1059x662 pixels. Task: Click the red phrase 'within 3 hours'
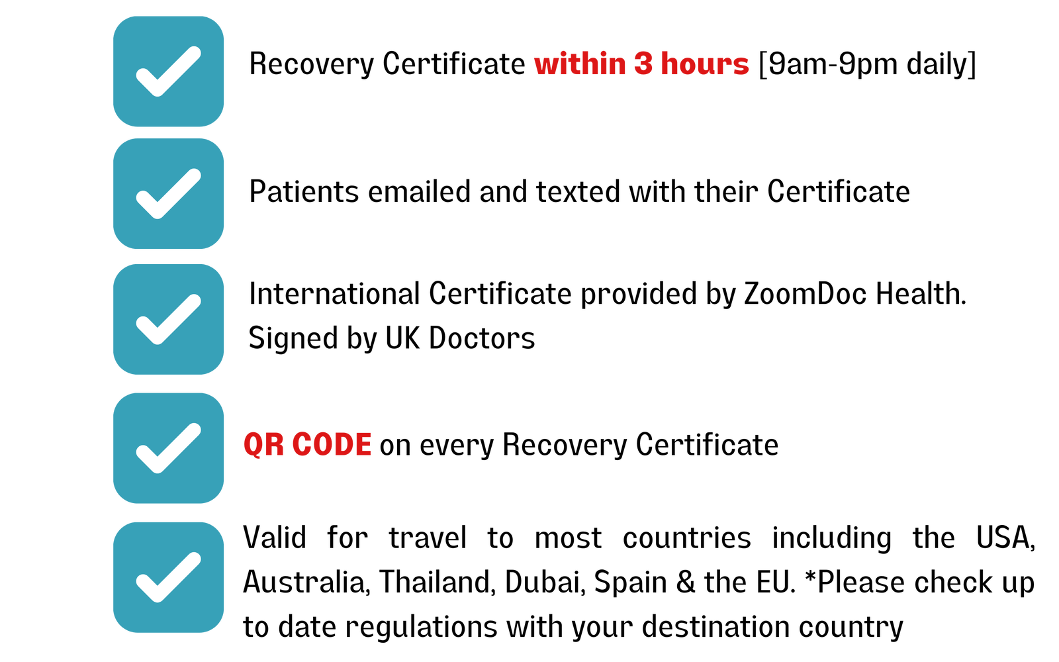click(x=641, y=64)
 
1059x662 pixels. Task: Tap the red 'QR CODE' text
click(x=308, y=444)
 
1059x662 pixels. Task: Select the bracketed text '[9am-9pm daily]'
click(x=868, y=64)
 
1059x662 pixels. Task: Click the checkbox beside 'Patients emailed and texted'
click(x=168, y=193)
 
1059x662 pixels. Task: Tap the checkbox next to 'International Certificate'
click(x=168, y=319)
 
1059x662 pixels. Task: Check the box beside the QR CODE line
click(x=168, y=448)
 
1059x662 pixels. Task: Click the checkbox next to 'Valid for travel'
click(x=168, y=577)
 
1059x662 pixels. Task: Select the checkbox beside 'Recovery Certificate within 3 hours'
click(x=168, y=71)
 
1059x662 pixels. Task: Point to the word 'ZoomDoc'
click(x=805, y=294)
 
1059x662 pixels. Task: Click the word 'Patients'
click(x=304, y=191)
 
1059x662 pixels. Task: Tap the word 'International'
click(x=334, y=294)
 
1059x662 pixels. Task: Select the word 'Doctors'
click(x=482, y=338)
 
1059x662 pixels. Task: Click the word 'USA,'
click(x=1005, y=538)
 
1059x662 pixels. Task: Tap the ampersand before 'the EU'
click(x=686, y=582)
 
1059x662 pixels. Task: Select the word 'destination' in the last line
click(x=715, y=626)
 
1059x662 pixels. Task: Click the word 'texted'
click(x=577, y=191)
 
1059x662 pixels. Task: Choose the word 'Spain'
click(x=630, y=583)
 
